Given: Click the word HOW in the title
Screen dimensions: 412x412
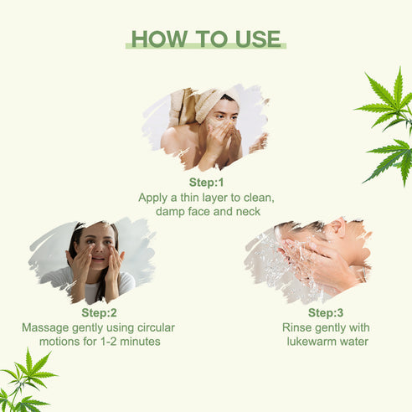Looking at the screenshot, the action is [159, 39].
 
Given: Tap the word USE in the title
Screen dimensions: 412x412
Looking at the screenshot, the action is [258, 39].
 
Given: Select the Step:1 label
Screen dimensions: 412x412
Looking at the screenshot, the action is [206, 183].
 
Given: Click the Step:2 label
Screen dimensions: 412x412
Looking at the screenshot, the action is [99, 312].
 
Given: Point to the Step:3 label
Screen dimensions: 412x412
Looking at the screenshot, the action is [326, 312].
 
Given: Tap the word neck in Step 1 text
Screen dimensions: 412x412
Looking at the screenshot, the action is [248, 211].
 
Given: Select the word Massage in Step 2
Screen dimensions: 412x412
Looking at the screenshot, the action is [45, 327].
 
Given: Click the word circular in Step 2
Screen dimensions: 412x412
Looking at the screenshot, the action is [156, 327].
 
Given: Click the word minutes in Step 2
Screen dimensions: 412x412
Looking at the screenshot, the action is [140, 342].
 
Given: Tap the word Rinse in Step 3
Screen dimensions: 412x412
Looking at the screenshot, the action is [296, 327].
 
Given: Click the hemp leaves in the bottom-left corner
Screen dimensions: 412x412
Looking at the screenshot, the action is [26, 381].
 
